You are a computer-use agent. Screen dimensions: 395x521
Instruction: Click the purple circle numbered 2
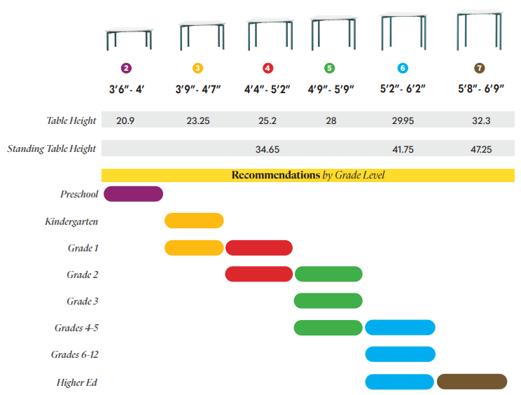(126, 68)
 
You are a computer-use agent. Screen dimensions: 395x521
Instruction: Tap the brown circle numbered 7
(479, 68)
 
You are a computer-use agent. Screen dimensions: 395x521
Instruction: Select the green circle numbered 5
(330, 68)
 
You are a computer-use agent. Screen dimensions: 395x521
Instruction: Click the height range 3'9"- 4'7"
(198, 89)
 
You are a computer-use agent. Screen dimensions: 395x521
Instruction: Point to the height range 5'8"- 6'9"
(481, 89)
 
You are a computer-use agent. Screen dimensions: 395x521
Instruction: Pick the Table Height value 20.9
(125, 120)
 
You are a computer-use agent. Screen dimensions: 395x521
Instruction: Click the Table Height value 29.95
(403, 120)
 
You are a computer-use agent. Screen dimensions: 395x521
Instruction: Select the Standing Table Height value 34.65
(268, 149)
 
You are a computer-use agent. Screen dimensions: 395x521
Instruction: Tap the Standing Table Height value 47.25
(481, 149)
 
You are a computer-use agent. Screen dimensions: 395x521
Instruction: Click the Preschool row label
(78, 194)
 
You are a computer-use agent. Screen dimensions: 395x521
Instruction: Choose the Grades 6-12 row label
(74, 354)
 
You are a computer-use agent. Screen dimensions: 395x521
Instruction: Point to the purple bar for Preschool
(133, 194)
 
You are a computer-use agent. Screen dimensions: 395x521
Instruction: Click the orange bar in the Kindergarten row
(194, 221)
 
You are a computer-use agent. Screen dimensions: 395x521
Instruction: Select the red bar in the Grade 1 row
(258, 247)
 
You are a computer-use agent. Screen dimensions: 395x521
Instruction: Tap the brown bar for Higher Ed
(471, 382)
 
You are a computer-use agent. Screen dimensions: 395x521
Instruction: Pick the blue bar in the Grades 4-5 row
(400, 327)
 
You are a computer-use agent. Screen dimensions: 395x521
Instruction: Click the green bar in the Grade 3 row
(328, 300)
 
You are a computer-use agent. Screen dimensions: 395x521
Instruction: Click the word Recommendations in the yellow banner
(275, 175)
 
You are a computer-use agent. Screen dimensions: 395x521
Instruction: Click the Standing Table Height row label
(51, 149)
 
